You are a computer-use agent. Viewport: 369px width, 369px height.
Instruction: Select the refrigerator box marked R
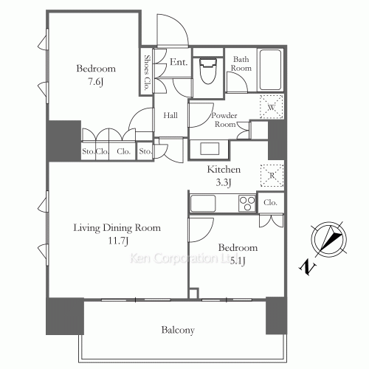(x=273, y=175)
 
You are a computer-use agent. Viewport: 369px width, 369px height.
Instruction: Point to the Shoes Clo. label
(x=148, y=72)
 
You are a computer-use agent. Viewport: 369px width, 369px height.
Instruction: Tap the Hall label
(x=170, y=115)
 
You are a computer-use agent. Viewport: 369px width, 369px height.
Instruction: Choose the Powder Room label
(x=224, y=120)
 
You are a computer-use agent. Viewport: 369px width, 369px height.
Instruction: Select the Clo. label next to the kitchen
(x=270, y=202)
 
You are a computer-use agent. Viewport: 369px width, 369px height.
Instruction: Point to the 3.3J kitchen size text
(x=222, y=182)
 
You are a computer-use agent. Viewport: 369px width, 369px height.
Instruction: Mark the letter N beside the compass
(x=306, y=266)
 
